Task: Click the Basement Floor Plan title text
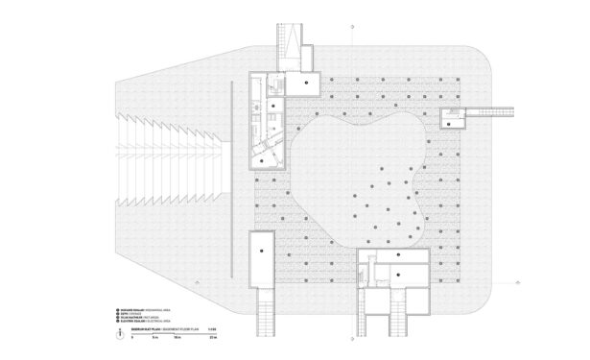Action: pos(163,329)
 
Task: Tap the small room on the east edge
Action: pos(452,117)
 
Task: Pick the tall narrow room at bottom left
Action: pos(262,258)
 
